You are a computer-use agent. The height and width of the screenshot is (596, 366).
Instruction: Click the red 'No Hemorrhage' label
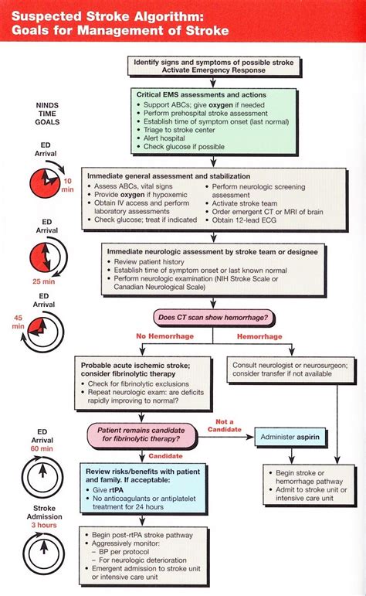(x=164, y=337)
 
